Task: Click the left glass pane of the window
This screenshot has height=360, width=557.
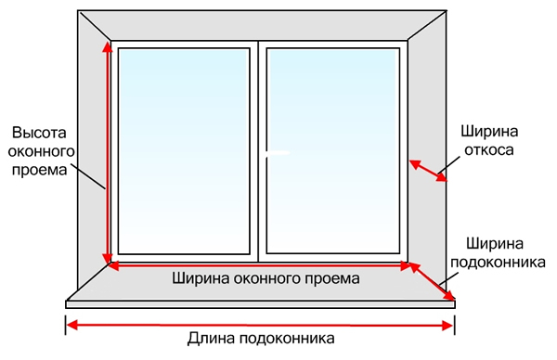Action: [185, 148]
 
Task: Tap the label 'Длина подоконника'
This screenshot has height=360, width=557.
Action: [260, 341]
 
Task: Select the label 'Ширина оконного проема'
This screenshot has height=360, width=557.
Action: [260, 277]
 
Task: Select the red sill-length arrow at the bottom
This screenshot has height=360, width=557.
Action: [260, 325]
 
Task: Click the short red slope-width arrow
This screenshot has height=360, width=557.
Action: [429, 171]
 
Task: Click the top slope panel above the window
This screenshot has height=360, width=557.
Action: [260, 25]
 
